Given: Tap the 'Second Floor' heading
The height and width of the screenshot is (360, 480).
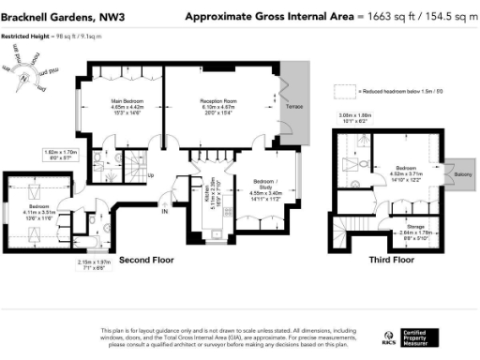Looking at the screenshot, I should [x=144, y=259].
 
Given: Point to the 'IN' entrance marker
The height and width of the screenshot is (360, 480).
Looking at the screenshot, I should [x=166, y=213].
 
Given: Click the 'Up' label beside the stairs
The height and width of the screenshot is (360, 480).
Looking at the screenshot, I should [x=151, y=174].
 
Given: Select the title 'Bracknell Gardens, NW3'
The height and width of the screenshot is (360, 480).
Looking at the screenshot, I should [x=50, y=16].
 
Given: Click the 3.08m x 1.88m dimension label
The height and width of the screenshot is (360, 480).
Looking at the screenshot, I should [x=355, y=118].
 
